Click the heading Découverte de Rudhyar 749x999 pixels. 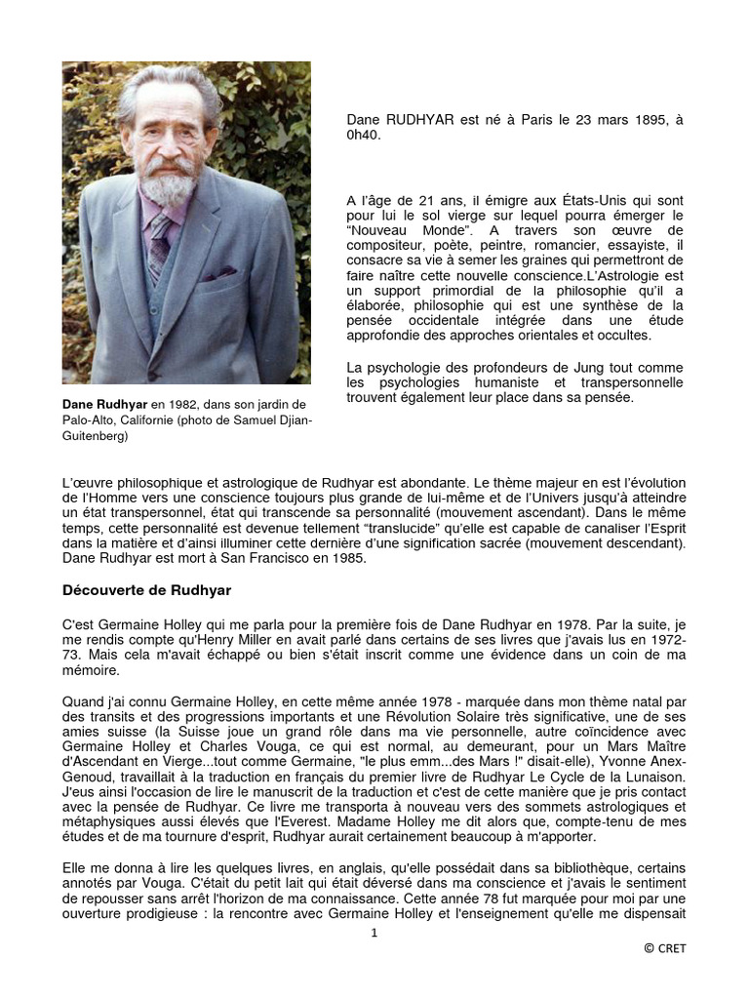[146, 590]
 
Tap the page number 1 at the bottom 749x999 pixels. [373, 933]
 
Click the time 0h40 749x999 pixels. [363, 135]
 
